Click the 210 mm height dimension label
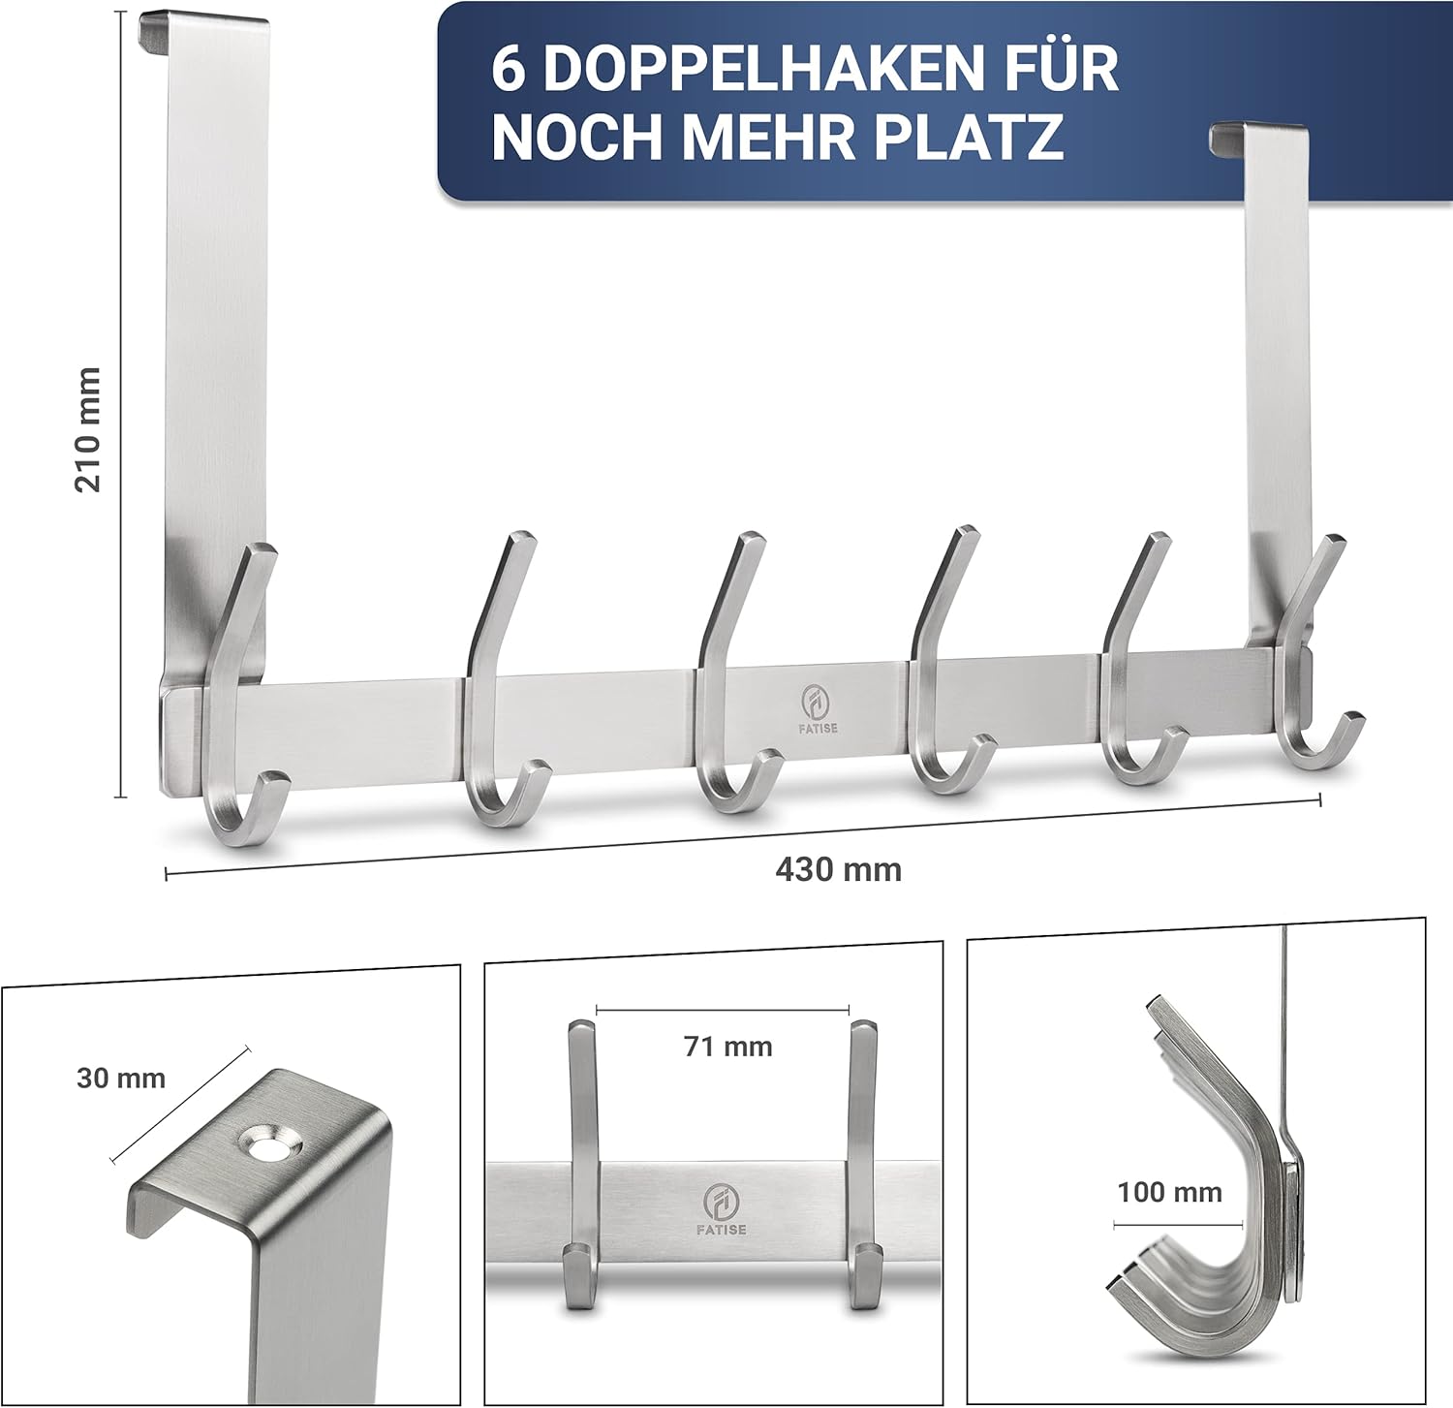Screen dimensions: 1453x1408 88,430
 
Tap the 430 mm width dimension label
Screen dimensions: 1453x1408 838,869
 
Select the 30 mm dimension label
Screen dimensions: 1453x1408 121,1078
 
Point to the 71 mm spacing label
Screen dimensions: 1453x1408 728,1046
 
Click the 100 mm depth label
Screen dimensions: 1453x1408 1169,1191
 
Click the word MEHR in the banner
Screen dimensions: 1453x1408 769,137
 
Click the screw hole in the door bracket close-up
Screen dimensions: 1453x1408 270,1143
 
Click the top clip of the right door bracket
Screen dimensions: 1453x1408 1258,137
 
